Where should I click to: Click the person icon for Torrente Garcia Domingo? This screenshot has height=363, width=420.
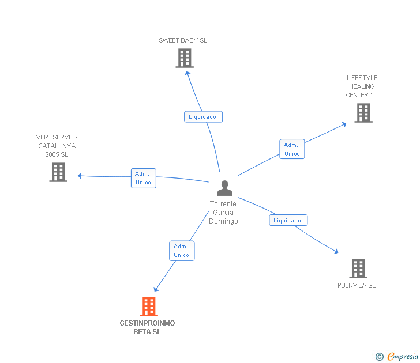tap(224, 188)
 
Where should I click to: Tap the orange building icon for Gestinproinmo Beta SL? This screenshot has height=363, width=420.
tap(149, 307)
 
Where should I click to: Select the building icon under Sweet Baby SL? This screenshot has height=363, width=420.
tap(185, 58)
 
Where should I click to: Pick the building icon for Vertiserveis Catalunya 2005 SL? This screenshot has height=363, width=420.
tap(58, 172)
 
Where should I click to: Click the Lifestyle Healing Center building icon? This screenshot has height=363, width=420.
tap(363, 113)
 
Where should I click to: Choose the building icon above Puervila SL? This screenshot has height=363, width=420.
tap(358, 269)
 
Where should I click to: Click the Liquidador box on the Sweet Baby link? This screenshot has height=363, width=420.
tap(203, 116)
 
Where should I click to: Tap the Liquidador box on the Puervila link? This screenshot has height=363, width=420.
tap(288, 220)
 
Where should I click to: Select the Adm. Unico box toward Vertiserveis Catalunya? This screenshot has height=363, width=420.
tap(144, 178)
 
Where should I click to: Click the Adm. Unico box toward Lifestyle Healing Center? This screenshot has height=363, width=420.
tap(292, 149)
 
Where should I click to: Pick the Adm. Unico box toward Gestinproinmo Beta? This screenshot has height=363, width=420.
tap(182, 251)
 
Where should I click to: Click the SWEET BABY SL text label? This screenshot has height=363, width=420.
tap(183, 40)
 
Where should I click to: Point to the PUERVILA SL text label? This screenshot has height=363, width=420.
tap(357, 285)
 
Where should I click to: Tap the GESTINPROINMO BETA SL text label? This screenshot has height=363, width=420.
tap(147, 327)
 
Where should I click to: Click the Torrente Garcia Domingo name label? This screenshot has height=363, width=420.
tap(223, 213)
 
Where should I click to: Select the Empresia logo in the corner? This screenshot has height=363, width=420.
tap(403, 356)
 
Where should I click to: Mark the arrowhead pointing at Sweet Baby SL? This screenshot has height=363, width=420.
tap(187, 73)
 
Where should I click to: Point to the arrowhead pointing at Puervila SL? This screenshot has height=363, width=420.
tap(336, 251)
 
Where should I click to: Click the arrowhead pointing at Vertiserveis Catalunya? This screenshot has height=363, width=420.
tap(80, 176)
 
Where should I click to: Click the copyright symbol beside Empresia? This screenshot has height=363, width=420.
tap(380, 357)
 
